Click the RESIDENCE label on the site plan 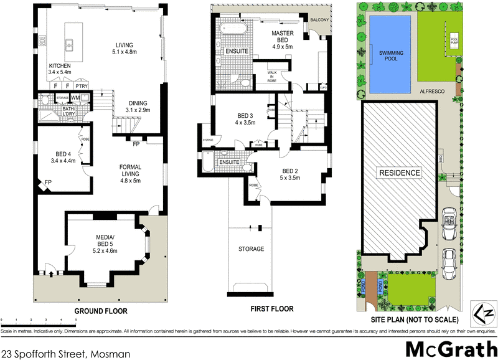pyautogui.click(x=398, y=173)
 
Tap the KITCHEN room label pyautogui.click(x=60, y=69)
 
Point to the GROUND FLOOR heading pyautogui.click(x=101, y=310)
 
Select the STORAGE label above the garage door pyautogui.click(x=251, y=249)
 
